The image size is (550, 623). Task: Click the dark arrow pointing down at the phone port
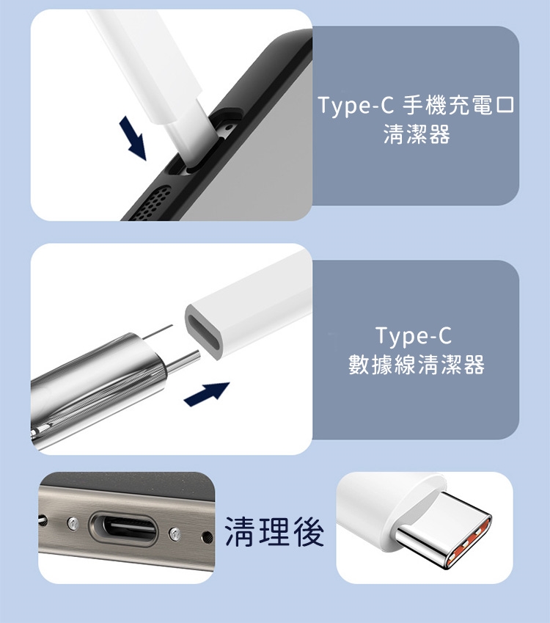[133, 138]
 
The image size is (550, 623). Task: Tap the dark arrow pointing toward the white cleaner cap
[207, 394]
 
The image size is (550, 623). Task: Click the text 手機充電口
[458, 105]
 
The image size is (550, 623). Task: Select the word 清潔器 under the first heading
[417, 134]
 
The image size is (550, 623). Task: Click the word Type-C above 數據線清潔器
[414, 336]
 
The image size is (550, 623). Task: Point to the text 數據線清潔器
[417, 365]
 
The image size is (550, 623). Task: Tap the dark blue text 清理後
[274, 531]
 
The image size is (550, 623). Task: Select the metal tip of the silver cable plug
[184, 362]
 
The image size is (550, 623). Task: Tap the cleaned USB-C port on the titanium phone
[124, 528]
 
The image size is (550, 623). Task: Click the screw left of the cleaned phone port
[72, 524]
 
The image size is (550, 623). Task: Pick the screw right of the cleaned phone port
[175, 533]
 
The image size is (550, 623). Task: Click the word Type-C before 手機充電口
[356, 106]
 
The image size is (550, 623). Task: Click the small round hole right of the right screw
[206, 538]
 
